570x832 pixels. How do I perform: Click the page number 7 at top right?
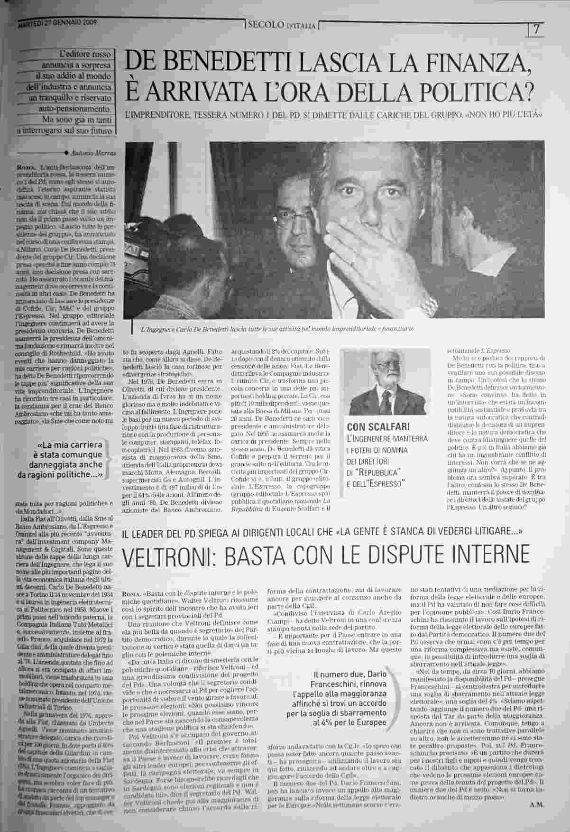coord(537,29)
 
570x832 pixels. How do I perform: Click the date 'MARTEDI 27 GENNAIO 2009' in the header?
coord(58,23)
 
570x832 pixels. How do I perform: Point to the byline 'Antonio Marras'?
coord(93,153)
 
